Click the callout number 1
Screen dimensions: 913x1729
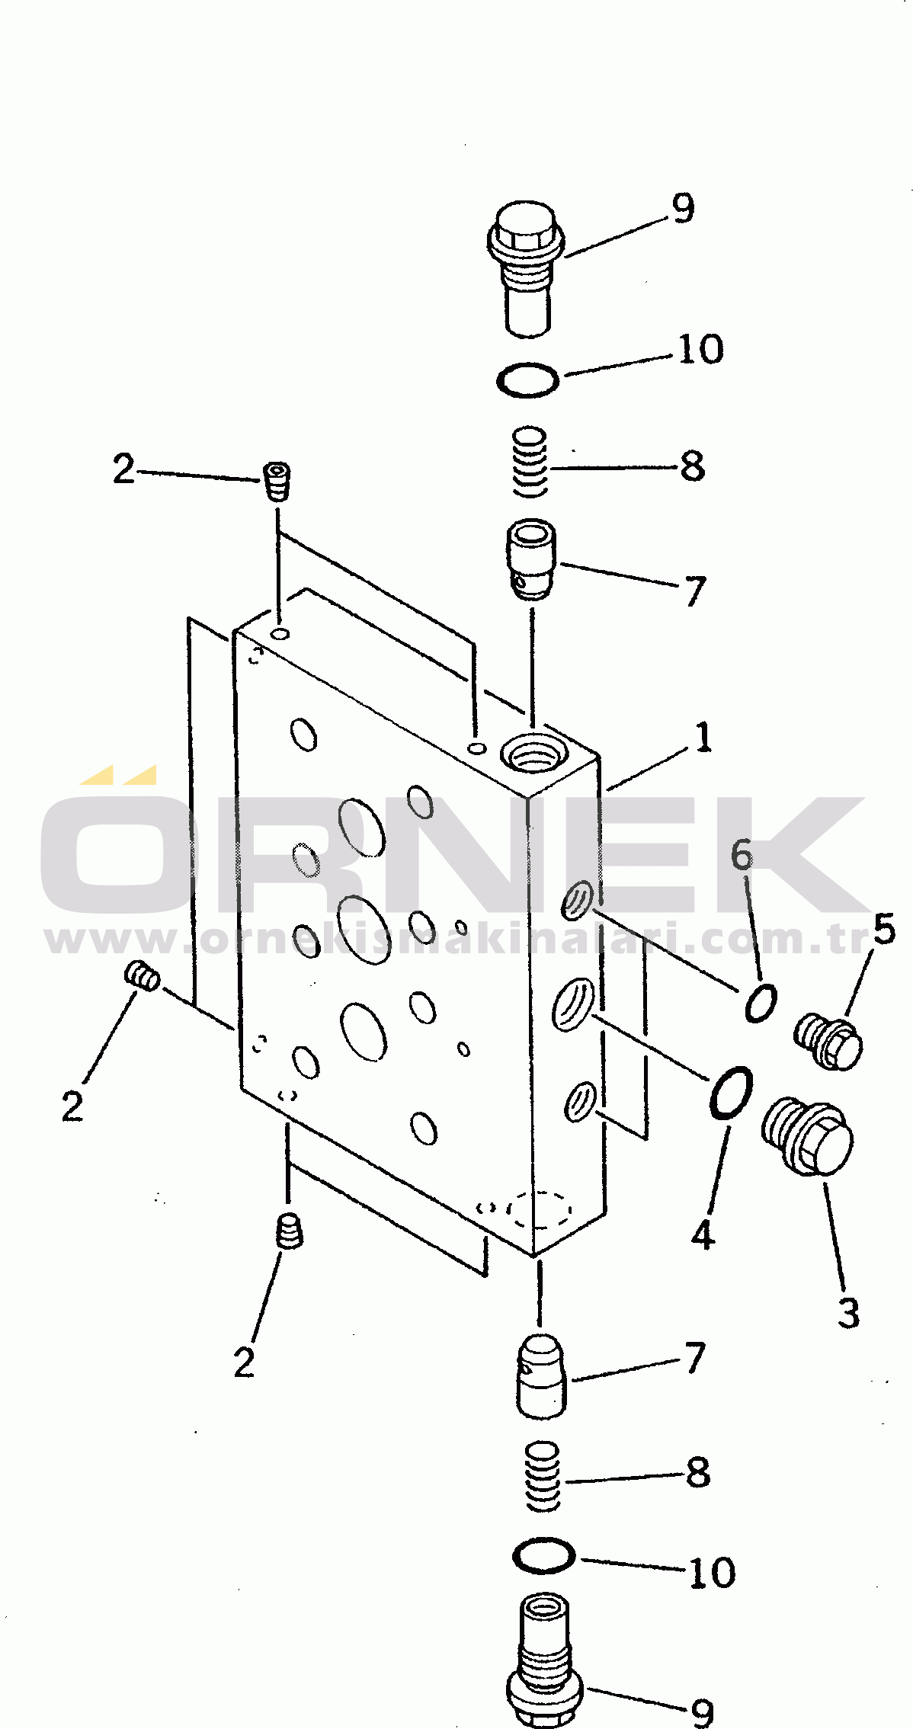[x=702, y=738]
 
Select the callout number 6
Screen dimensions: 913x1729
[x=742, y=854]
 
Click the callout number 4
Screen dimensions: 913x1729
[x=702, y=1234]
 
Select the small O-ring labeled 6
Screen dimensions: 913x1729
[x=761, y=1003]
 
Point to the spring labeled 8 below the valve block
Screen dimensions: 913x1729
[x=543, y=1476]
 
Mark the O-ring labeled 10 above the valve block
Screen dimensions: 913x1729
[x=527, y=379]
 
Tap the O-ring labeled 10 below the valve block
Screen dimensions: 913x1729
[x=543, y=1554]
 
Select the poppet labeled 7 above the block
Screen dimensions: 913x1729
[x=531, y=559]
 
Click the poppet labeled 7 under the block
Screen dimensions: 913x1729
[x=541, y=1376]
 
